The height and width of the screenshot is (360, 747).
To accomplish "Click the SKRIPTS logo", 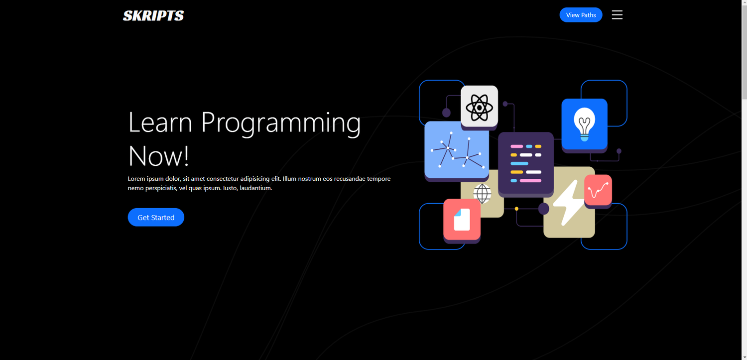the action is [x=153, y=15].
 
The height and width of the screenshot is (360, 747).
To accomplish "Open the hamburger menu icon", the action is [x=617, y=14].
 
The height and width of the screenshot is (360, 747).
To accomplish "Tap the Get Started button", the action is [x=156, y=217].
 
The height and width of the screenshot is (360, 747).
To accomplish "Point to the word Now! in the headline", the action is [x=159, y=156].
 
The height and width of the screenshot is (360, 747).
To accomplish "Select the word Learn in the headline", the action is [x=160, y=122].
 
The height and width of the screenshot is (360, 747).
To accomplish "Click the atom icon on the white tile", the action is [x=479, y=108].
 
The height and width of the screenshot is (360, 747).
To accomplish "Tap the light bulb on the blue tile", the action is [x=584, y=124].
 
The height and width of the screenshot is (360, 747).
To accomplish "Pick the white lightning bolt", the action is [x=569, y=202].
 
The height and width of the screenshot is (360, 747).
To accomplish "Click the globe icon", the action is [x=482, y=194].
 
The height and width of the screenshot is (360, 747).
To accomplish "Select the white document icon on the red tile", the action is [x=462, y=220].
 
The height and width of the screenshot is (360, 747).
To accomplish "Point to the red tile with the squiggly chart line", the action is [x=598, y=190].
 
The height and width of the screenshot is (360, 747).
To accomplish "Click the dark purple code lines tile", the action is [x=525, y=163].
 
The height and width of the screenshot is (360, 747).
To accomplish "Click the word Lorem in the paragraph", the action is [x=136, y=179].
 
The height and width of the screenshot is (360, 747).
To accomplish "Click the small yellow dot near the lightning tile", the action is [x=516, y=209].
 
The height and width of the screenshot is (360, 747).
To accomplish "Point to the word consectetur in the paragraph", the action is [x=223, y=179].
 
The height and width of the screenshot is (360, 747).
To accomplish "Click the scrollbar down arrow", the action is [x=744, y=357].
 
